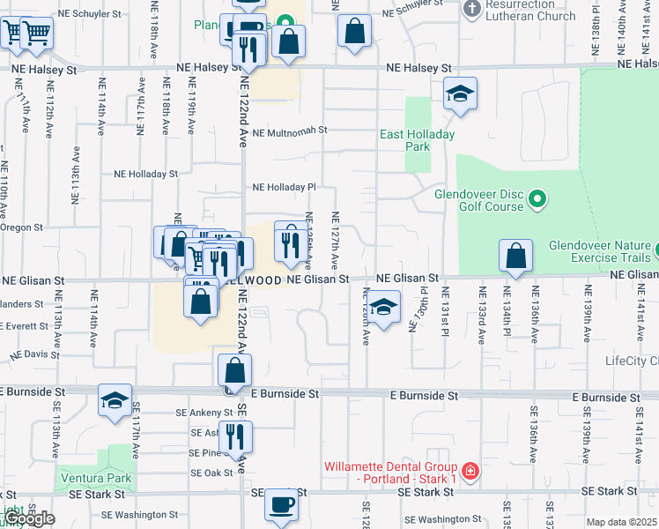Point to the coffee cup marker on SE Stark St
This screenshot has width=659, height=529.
pyautogui.click(x=282, y=505)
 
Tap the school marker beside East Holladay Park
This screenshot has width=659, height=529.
pyautogui.click(x=459, y=94)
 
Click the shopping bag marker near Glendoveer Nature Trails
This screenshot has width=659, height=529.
pyautogui.click(x=515, y=257)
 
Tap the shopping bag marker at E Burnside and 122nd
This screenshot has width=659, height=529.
pyautogui.click(x=234, y=371)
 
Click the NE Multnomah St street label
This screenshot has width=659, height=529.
pyautogui.click(x=289, y=130)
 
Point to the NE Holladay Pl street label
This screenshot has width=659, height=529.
pyautogui.click(x=284, y=187)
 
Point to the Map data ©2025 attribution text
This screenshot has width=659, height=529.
pyautogui.click(x=621, y=522)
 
